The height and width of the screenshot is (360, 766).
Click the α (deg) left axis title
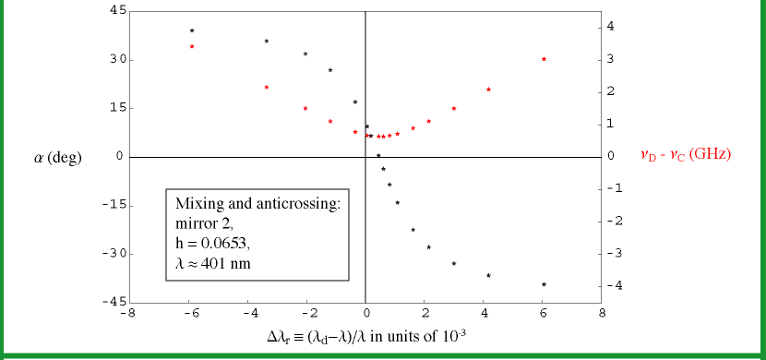57,158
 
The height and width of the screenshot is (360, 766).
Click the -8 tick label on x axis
128,314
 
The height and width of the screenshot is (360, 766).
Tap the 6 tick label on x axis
543,314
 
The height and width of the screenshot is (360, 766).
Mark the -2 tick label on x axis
305,314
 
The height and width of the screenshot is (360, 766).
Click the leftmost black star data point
192,30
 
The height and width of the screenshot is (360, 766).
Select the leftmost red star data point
192,46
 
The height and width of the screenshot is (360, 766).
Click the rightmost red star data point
544,59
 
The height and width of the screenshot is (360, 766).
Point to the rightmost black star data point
544,284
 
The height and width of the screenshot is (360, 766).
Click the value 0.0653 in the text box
223,244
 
